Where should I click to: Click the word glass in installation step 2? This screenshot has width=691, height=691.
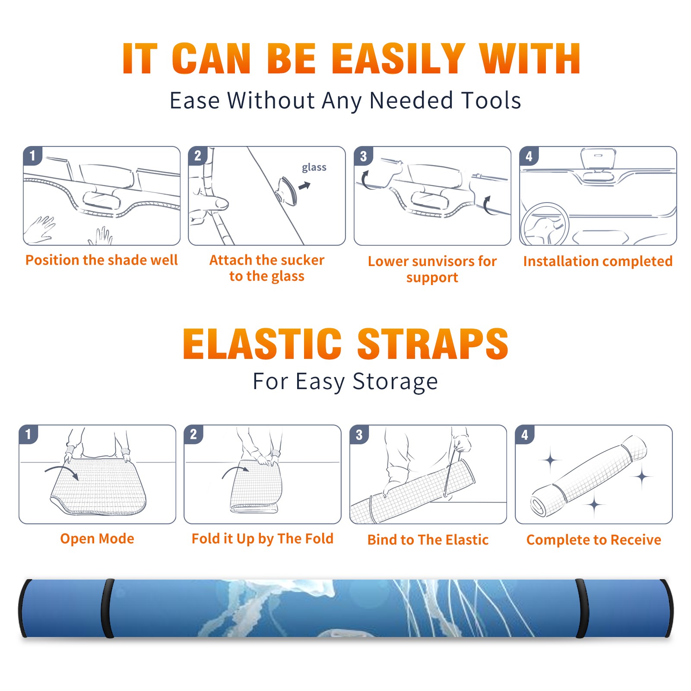coord(314,168)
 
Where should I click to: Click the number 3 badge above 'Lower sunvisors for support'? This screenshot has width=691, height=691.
coord(363,156)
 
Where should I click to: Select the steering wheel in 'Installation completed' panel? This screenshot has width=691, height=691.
coord(545,225)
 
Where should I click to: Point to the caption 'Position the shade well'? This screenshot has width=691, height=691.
coord(101,260)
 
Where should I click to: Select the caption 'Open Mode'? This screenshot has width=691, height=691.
coord(97,539)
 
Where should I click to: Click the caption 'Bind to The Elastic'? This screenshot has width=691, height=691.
coord(428,540)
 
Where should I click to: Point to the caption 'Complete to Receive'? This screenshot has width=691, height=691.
coord(594,540)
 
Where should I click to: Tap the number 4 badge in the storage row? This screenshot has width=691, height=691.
coord(525,434)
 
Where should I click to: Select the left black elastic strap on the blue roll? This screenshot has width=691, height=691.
coord(108,608)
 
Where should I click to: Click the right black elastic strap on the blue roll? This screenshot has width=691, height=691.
coord(581,608)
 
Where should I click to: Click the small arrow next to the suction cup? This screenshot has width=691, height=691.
coord(304,186)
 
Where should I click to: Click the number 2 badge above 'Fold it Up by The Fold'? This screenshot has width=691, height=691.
coord(193,434)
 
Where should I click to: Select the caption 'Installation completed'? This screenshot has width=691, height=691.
coord(598,261)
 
